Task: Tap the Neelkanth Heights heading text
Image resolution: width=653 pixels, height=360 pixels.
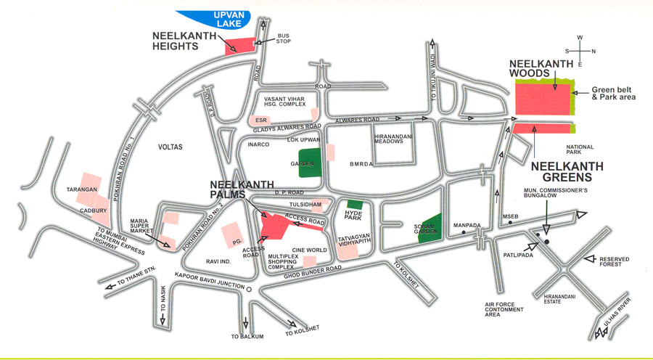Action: click(x=186, y=40)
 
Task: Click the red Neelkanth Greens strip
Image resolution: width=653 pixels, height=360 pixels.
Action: click(x=542, y=128)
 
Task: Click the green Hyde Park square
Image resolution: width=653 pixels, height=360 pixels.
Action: click(x=355, y=205)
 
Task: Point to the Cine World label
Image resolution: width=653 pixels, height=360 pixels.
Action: click(x=311, y=250)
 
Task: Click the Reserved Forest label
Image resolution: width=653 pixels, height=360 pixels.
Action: click(x=615, y=262)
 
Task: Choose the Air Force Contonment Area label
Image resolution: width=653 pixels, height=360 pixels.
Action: click(x=507, y=308)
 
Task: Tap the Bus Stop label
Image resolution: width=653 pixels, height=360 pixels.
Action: click(x=283, y=38)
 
